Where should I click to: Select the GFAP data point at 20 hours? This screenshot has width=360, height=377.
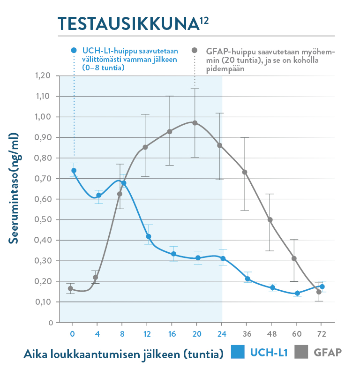coord(195,123)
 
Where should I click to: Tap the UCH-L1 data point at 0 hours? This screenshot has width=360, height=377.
coord(74,171)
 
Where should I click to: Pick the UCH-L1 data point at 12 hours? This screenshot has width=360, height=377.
coord(149,236)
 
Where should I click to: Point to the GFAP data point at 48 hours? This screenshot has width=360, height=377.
coord(270,219)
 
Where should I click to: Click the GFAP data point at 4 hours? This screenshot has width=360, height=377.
coord(96,278)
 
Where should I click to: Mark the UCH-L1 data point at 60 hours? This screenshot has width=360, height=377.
coord(297,293)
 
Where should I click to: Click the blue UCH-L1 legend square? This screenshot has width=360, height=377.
coord(238,353)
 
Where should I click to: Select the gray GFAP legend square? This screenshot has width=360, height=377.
coord(301,353)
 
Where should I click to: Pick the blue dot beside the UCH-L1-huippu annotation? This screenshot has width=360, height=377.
coord(74,50)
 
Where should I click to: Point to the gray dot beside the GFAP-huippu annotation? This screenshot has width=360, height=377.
coord(195,50)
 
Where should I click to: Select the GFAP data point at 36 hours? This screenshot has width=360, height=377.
coord(245,172)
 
